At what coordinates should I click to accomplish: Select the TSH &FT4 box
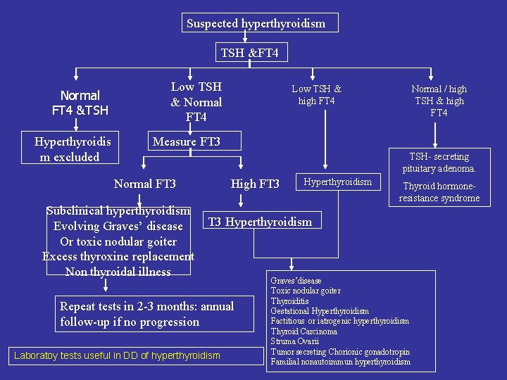click(249, 53)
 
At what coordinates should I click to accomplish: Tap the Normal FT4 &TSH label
click(80, 103)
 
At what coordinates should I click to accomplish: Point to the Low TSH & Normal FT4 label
click(196, 102)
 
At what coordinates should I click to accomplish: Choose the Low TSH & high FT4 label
click(317, 95)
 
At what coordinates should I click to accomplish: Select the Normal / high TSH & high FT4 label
click(439, 101)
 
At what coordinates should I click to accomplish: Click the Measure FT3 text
click(187, 142)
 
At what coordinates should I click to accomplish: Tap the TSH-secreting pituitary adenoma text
click(439, 163)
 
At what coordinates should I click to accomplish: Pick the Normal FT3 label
click(145, 184)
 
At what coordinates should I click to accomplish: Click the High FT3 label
click(255, 184)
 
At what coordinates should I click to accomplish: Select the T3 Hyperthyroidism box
click(260, 222)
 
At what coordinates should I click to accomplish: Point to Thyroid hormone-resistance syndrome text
click(439, 193)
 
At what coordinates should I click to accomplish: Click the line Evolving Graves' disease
click(118, 227)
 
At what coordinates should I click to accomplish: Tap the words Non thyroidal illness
click(118, 272)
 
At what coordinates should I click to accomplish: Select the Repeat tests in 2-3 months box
click(147, 314)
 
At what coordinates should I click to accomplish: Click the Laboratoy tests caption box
click(117, 356)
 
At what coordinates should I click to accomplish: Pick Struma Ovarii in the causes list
click(295, 341)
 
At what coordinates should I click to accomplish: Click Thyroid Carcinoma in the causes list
click(304, 331)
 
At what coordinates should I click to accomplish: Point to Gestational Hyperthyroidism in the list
click(320, 311)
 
